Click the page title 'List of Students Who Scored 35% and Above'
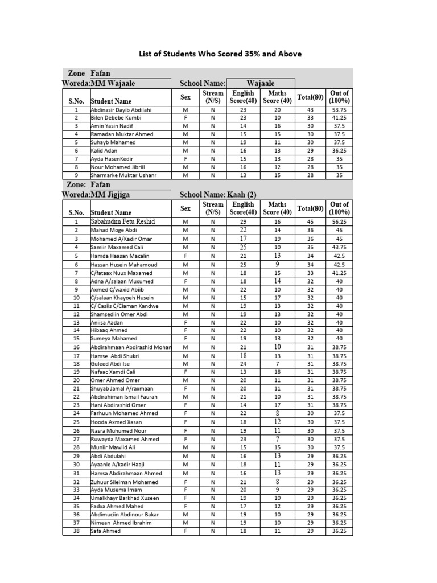click(x=221, y=54)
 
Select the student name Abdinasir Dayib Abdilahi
click(x=121, y=109)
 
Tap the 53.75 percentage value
click(x=339, y=109)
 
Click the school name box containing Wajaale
click(x=261, y=84)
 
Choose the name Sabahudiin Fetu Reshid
click(x=123, y=221)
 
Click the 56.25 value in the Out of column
click(x=339, y=221)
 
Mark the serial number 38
click(x=76, y=531)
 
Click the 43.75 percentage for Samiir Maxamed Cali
click(x=339, y=248)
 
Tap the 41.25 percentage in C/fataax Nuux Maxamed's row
click(x=339, y=273)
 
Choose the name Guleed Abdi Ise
click(x=110, y=364)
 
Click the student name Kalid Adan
click(x=104, y=151)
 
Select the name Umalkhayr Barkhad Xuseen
click(x=125, y=498)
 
